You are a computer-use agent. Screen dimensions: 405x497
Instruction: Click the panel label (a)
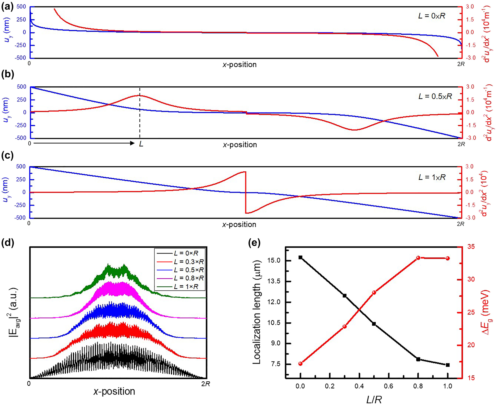tap(7, 7)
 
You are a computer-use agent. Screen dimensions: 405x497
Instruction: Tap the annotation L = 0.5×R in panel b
tap(435, 96)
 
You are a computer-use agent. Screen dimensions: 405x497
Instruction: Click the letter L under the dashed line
tap(141, 144)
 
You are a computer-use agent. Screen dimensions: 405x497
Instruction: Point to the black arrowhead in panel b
tap(132, 143)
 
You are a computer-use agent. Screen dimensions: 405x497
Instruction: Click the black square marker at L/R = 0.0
tap(301, 258)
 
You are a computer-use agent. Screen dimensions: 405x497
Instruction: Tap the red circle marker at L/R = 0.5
tap(374, 293)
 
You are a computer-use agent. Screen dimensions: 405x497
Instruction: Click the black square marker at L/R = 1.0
tap(448, 365)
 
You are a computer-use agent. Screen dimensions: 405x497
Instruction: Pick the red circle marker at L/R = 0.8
tap(418, 258)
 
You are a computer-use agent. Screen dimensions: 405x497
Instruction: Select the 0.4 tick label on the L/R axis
tap(359, 386)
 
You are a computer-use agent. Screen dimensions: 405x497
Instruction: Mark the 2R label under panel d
tap(206, 384)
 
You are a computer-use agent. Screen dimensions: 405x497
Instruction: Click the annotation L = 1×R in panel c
tap(432, 177)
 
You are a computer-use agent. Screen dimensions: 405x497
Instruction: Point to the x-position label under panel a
tap(239, 65)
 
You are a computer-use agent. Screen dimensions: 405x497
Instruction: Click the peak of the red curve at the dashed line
tap(140, 95)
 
